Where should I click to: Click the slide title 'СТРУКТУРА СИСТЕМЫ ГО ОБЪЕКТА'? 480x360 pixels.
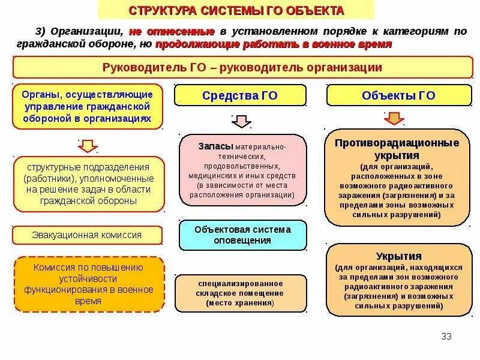pyautogui.click(x=236, y=10)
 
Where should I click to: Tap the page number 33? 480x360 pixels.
pyautogui.click(x=446, y=335)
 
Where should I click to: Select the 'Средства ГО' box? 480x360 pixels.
pyautogui.click(x=240, y=95)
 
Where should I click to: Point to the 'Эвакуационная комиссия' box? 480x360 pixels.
pyautogui.click(x=87, y=235)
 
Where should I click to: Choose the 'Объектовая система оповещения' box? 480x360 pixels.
pyautogui.click(x=242, y=235)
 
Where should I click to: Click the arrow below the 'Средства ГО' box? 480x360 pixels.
pyautogui.click(x=241, y=122)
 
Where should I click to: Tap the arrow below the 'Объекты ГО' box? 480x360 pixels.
pyautogui.click(x=394, y=118)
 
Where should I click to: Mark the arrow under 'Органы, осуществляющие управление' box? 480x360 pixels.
pyautogui.click(x=88, y=146)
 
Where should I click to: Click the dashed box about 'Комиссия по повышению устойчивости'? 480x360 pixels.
pyautogui.click(x=89, y=284)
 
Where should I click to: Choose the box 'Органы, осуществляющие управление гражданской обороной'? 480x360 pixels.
pyautogui.click(x=88, y=107)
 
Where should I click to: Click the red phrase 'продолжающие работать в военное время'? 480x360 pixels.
pyautogui.click(x=274, y=45)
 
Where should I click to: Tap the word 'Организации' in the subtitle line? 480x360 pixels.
pyautogui.click(x=88, y=31)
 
